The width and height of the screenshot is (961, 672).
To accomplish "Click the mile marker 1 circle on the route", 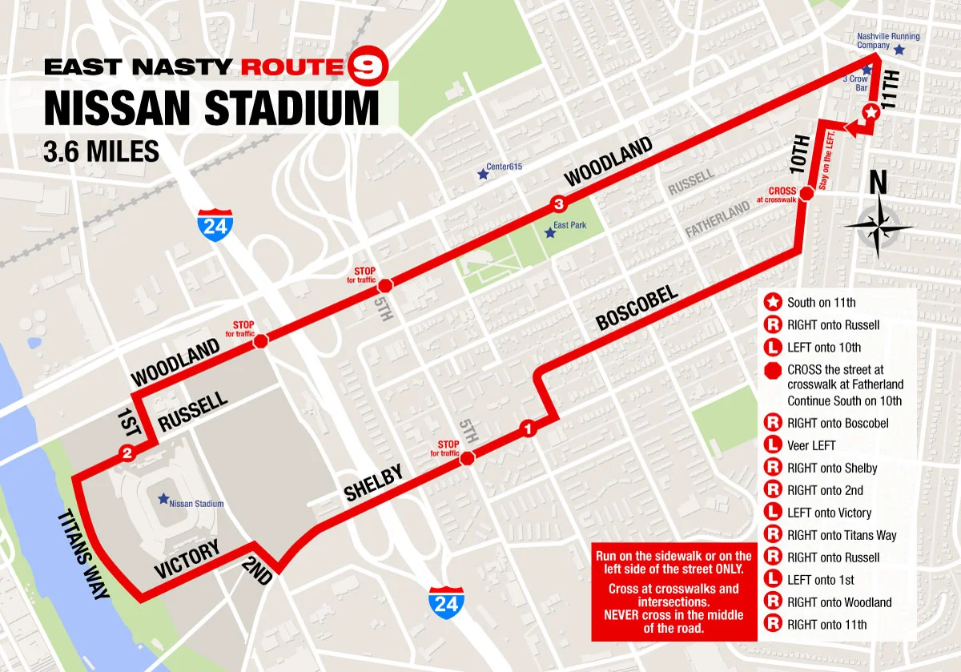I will (x=526, y=429).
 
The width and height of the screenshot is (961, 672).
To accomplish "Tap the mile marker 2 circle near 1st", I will (x=127, y=454).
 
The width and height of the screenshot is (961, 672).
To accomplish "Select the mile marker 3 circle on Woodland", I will (x=557, y=203).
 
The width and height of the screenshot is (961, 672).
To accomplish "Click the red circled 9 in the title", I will (x=368, y=66).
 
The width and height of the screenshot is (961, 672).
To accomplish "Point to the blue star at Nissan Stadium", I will (x=163, y=498).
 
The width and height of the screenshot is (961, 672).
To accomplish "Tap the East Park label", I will (x=569, y=225).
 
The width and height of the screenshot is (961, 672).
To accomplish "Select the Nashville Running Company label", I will (x=888, y=41).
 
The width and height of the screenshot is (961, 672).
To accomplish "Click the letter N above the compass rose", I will (x=879, y=183).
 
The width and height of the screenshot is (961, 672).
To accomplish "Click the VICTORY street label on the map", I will (x=187, y=559).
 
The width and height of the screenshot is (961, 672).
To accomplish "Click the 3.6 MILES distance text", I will (x=102, y=151).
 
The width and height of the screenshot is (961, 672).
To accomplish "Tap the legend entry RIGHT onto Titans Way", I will (x=842, y=535).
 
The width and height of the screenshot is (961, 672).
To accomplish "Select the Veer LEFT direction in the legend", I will (x=811, y=445).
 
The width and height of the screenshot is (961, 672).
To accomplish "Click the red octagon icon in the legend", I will (x=773, y=370).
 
